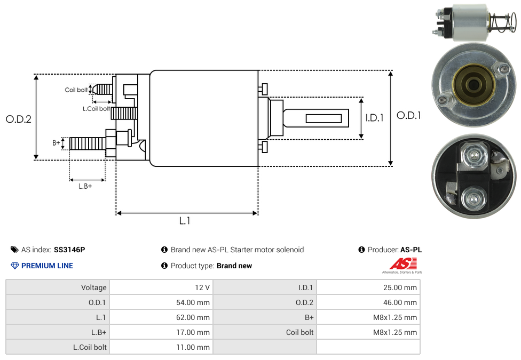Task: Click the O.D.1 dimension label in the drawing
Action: click(x=409, y=115)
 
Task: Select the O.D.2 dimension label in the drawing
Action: click(x=19, y=119)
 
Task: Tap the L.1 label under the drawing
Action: click(x=185, y=220)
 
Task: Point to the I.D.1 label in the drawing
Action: click(x=375, y=118)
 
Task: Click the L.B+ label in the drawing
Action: click(x=85, y=186)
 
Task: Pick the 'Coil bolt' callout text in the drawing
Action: click(x=76, y=90)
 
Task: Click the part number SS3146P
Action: click(x=69, y=250)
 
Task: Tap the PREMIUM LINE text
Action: click(x=47, y=266)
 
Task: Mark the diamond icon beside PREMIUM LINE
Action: click(x=15, y=266)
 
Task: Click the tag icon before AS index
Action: click(x=14, y=250)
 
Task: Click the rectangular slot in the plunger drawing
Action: click(x=323, y=118)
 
